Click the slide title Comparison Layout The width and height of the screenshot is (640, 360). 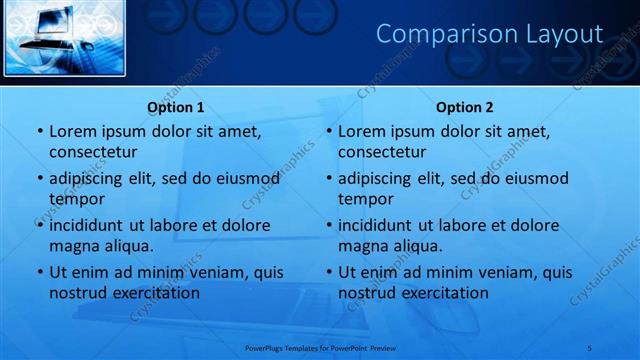click(489, 34)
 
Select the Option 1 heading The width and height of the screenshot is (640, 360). click(176, 107)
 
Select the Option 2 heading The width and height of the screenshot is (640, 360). click(465, 107)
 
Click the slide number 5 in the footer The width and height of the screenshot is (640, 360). click(589, 347)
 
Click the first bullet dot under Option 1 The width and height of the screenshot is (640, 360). click(40, 131)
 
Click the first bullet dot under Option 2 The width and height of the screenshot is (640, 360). click(329, 131)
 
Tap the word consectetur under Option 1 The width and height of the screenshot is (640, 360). click(93, 152)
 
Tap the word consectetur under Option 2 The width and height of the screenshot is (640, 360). click(382, 152)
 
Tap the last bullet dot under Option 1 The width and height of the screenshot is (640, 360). click(40, 272)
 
